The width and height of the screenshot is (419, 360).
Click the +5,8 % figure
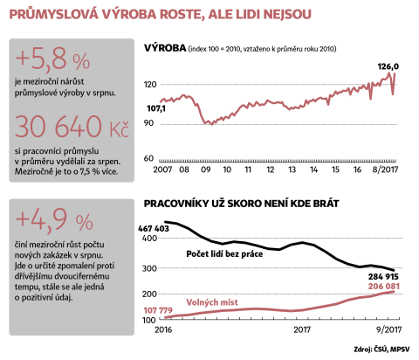pos(52,59)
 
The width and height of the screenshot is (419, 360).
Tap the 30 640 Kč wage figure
pos(72,127)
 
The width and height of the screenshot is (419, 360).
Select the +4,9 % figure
pos(54,220)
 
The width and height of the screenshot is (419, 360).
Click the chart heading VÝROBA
pos(165,48)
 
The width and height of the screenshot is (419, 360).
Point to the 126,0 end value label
pos(388,66)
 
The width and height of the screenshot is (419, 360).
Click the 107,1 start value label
pos(156,108)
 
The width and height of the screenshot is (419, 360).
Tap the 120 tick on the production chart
pos(150,85)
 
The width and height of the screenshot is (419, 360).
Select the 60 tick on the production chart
pos(148,158)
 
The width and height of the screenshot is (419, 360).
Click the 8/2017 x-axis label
pos(385,170)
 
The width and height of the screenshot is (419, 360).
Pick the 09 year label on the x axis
pos(206,170)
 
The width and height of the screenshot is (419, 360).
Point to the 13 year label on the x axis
pos(292,170)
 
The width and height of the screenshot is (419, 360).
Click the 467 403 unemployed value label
pos(154,229)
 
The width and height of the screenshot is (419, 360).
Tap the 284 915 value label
pos(383,276)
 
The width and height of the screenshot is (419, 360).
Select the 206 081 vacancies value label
pos(384,287)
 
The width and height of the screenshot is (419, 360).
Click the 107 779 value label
pos(158,310)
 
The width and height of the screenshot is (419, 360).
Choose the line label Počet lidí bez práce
pos(224,254)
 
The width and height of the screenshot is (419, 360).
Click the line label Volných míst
pos(212,302)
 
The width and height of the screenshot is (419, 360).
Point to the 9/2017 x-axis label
pos(388,329)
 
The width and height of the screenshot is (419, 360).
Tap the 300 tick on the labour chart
pos(149,268)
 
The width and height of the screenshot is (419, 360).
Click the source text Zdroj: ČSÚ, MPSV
pos(381,349)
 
